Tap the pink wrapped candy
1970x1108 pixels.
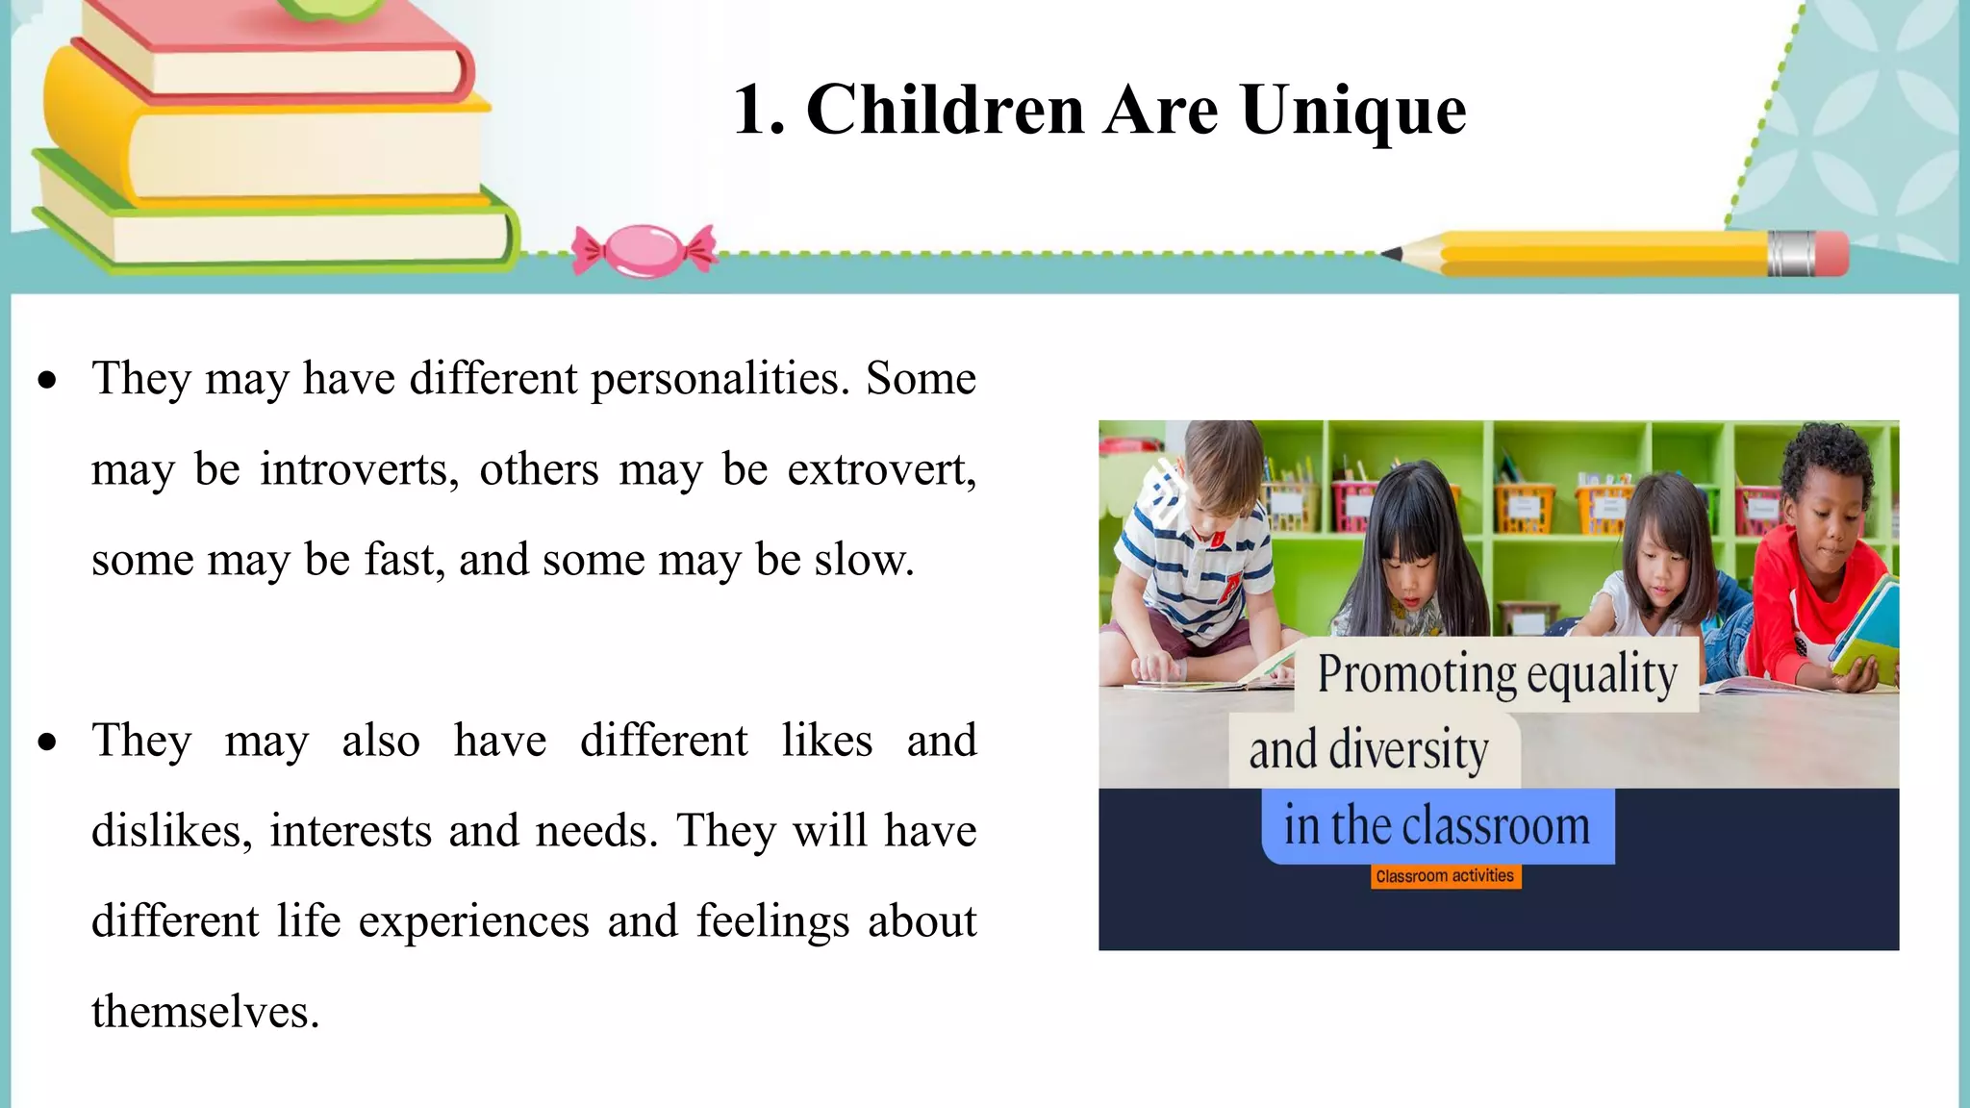pyautogui.click(x=644, y=250)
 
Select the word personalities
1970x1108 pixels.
pyautogui.click(x=720, y=379)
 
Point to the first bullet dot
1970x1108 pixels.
pyautogui.click(x=47, y=381)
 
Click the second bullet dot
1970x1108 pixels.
pyautogui.click(x=47, y=743)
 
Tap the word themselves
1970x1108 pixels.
pyautogui.click(x=205, y=1012)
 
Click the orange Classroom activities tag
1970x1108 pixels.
pyautogui.click(x=1445, y=876)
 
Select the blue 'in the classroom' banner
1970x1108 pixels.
pyautogui.click(x=1437, y=826)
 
